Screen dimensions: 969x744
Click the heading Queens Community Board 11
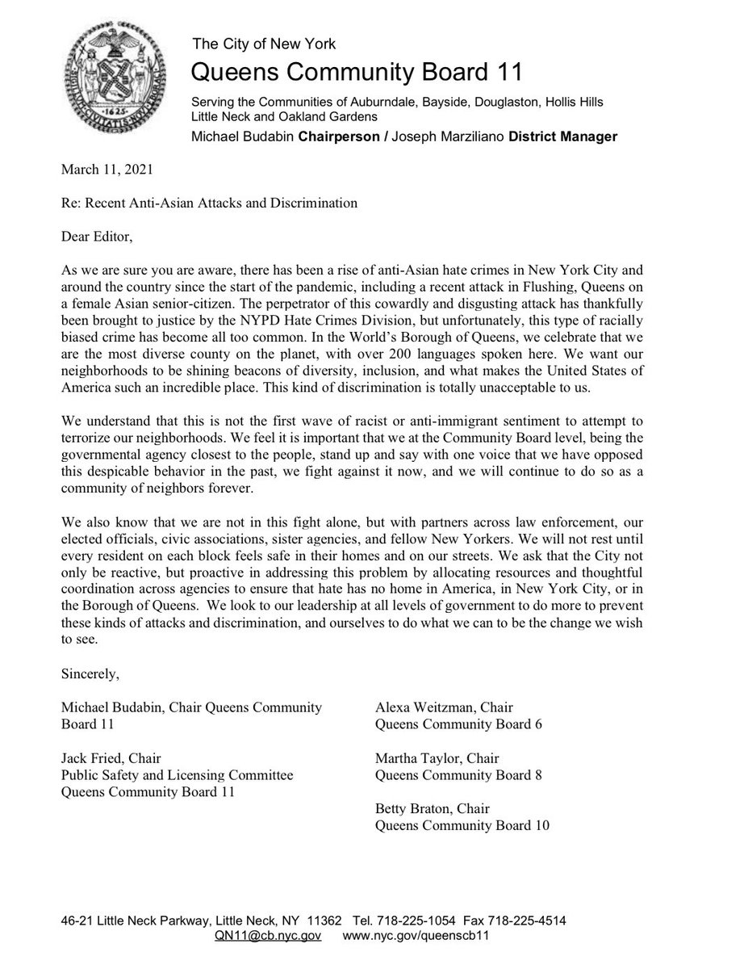click(x=356, y=73)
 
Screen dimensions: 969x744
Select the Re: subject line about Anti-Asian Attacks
click(x=209, y=203)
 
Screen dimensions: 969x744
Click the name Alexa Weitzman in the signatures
click(x=422, y=707)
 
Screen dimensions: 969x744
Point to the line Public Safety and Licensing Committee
click(x=177, y=775)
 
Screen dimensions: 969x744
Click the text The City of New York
click(x=262, y=44)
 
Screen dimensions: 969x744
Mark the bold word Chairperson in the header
click(x=338, y=136)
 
